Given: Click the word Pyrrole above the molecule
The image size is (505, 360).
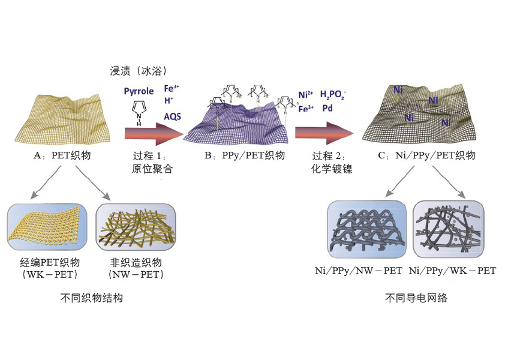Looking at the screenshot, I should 139,91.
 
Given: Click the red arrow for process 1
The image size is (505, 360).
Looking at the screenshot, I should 153,133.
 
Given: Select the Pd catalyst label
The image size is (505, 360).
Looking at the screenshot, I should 327,109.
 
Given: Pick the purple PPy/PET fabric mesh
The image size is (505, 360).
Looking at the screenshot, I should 240,129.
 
